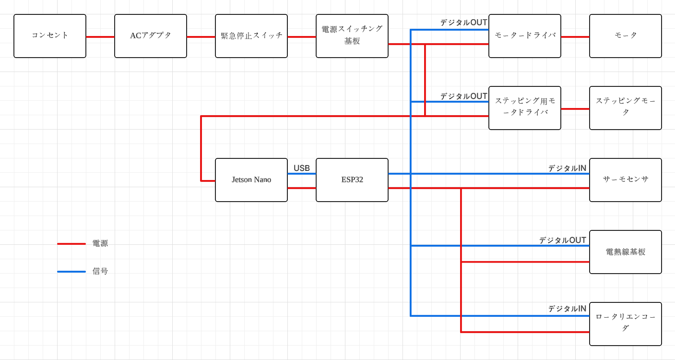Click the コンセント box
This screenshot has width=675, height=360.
[50, 36]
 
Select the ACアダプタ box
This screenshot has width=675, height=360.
[151, 36]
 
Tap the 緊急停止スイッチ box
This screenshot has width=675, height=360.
[251, 36]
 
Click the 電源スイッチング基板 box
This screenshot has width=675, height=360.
[352, 36]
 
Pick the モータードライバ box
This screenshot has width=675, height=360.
[525, 36]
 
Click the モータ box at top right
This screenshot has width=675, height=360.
[626, 36]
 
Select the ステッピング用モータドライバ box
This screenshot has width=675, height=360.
[525, 108]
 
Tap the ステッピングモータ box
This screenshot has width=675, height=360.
[626, 108]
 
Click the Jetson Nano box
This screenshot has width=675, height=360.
[251, 180]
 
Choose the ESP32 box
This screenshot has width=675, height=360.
[352, 180]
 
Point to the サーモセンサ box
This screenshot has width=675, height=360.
[626, 180]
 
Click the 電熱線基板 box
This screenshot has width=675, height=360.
[626, 252]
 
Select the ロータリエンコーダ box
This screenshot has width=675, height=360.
[626, 324]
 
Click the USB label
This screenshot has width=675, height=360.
[302, 168]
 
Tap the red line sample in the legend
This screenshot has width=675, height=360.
[71, 244]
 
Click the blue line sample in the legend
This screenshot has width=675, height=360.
[71, 272]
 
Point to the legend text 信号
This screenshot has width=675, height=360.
[100, 271]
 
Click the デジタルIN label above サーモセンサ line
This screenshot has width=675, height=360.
[567, 168]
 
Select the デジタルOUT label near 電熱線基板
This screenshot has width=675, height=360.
[562, 240]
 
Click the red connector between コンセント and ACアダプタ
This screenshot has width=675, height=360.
[100, 36]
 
